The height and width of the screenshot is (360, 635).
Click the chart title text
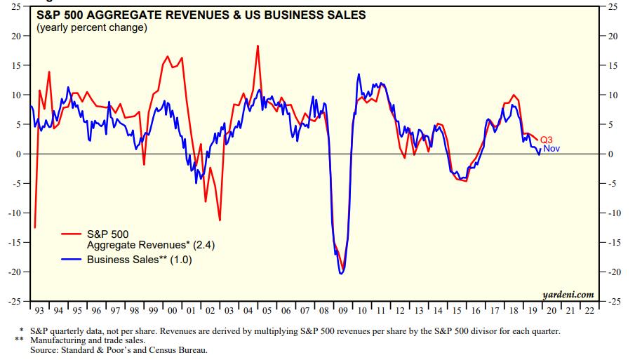(x=201, y=15)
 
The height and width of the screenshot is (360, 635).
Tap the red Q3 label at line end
(x=547, y=139)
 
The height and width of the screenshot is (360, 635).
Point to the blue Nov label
(x=552, y=149)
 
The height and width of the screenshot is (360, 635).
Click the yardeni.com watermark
(x=568, y=294)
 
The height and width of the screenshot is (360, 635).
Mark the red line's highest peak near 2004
(x=258, y=46)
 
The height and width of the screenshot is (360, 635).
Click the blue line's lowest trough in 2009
(x=341, y=273)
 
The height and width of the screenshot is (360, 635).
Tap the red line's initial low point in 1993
(x=35, y=227)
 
